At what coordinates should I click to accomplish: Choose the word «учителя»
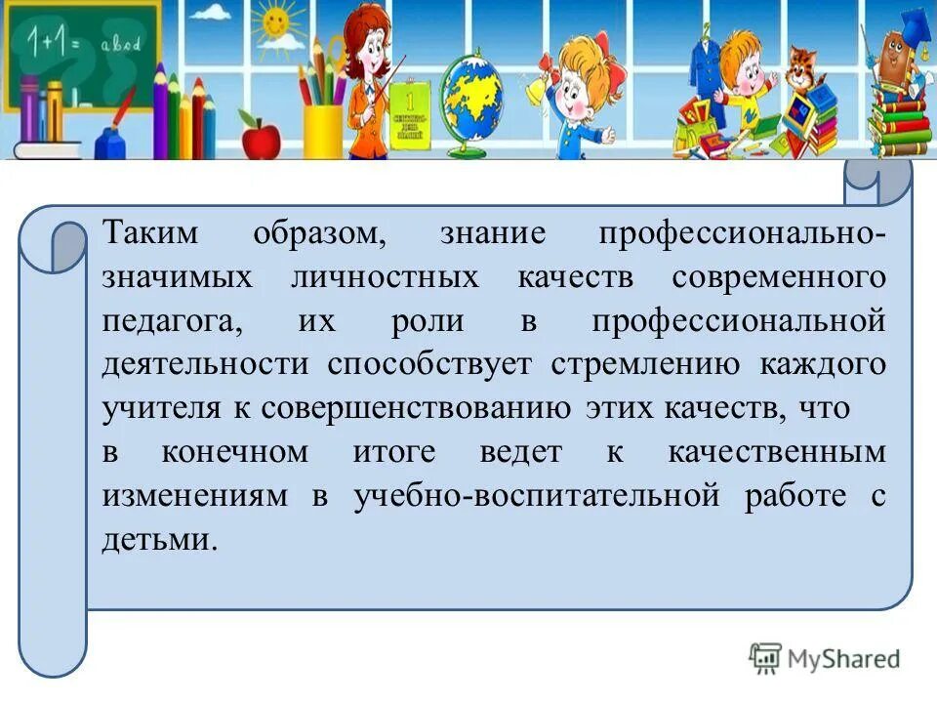[x=162, y=408]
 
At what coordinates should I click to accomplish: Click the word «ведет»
[x=521, y=452]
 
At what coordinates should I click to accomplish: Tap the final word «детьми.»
[x=157, y=539]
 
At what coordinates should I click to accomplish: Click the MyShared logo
[x=826, y=658]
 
